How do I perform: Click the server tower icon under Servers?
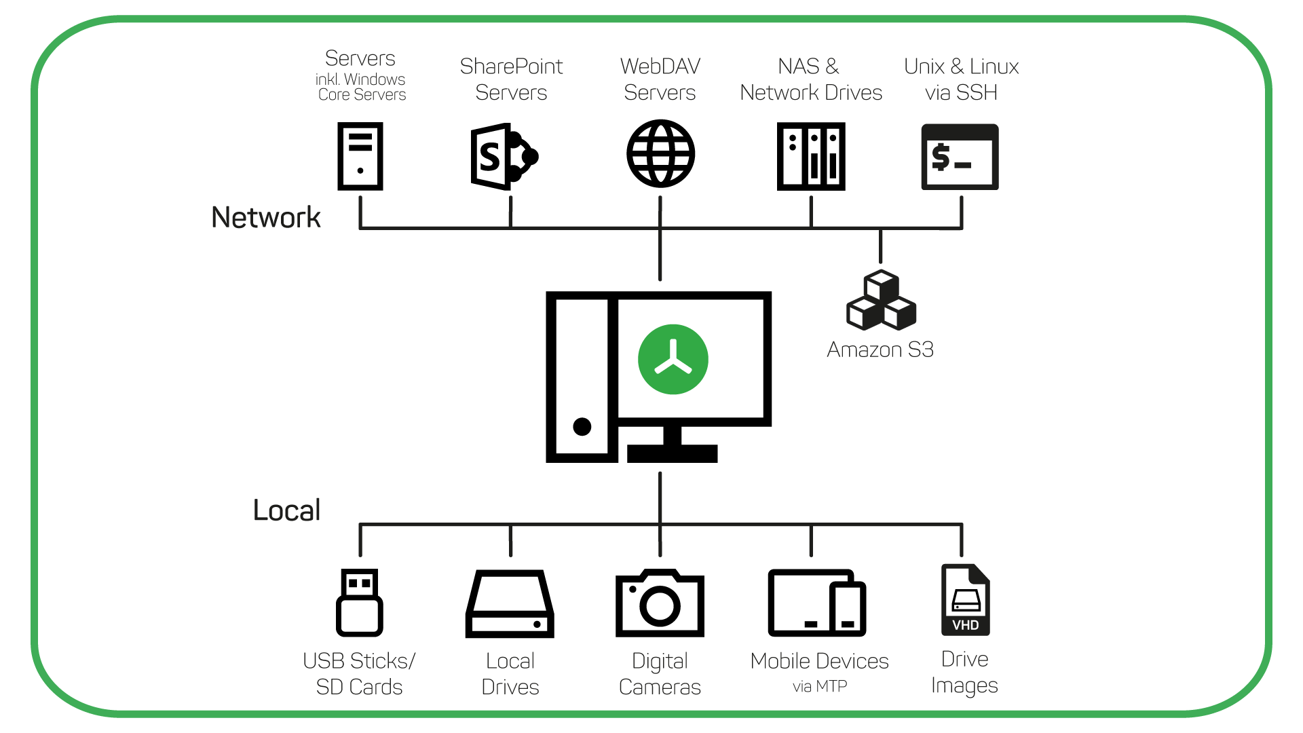pyautogui.click(x=360, y=156)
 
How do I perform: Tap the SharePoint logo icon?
pyautogui.click(x=503, y=157)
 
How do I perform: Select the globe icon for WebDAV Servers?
pyautogui.click(x=660, y=154)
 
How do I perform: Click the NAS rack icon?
pyautogui.click(x=811, y=156)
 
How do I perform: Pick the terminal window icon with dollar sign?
pyautogui.click(x=960, y=157)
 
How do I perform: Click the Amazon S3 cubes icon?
pyautogui.click(x=881, y=301)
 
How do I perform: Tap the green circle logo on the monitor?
pyautogui.click(x=673, y=360)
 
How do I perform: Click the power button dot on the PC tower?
pyautogui.click(x=582, y=426)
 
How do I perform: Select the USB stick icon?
pyautogui.click(x=360, y=602)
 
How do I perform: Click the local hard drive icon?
pyautogui.click(x=510, y=604)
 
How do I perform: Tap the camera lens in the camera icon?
pyautogui.click(x=660, y=606)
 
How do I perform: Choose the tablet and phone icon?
pyautogui.click(x=816, y=603)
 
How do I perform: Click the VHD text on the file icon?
pyautogui.click(x=965, y=625)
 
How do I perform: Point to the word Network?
pyautogui.click(x=265, y=218)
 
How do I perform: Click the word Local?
pyautogui.click(x=286, y=510)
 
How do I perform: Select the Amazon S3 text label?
pyautogui.click(x=880, y=350)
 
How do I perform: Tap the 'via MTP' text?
pyautogui.click(x=820, y=686)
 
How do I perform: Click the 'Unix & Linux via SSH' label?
pyautogui.click(x=961, y=79)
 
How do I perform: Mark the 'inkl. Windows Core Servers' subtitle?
pyautogui.click(x=361, y=88)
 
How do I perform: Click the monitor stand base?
pyautogui.click(x=672, y=453)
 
